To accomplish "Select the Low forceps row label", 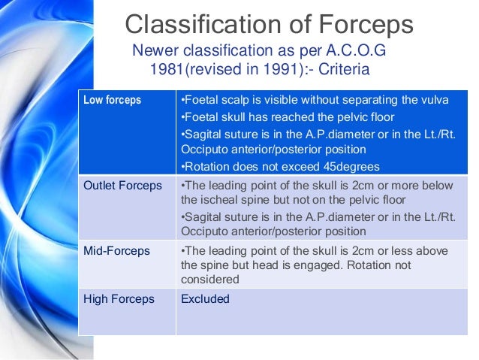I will coord(112,100).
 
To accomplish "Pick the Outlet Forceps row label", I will coord(122,186).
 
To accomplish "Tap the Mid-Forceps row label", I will coord(116,251).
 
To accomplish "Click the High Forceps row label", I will coord(119,298).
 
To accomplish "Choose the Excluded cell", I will coord(205,298).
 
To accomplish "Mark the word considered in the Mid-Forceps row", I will coord(209,279).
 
